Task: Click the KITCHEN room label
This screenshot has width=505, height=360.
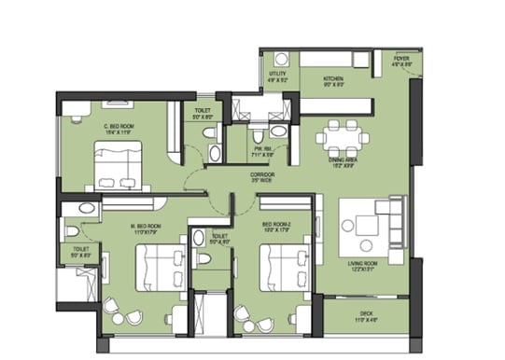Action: (x=333, y=78)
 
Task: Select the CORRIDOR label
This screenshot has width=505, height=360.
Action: (x=262, y=174)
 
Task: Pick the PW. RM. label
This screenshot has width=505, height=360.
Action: (x=262, y=147)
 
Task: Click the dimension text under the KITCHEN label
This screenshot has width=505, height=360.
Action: (x=333, y=86)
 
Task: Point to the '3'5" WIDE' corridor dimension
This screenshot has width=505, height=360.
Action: (x=262, y=182)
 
